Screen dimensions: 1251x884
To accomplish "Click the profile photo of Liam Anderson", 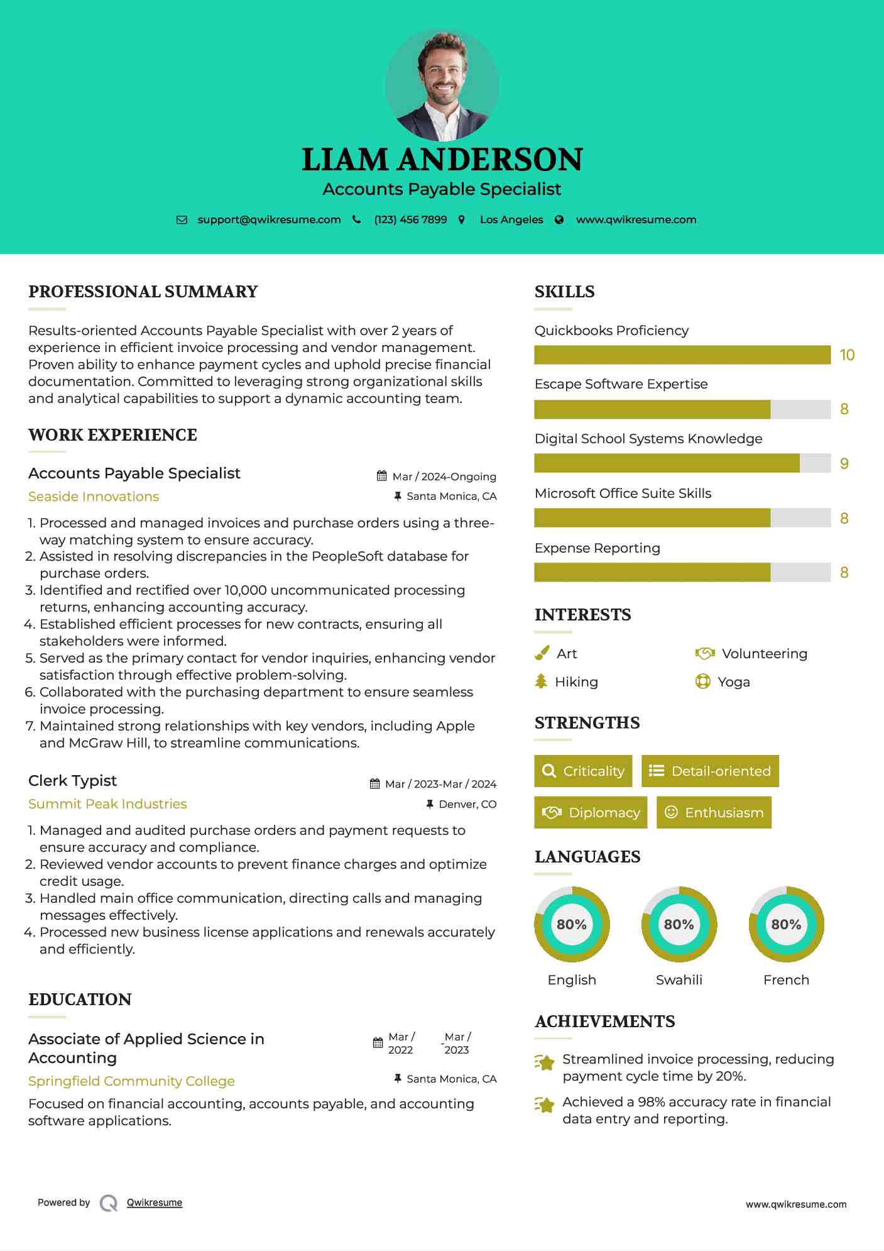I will click(442, 85).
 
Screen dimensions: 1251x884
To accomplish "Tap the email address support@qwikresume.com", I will click(269, 220).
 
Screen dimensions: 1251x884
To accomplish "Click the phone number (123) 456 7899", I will click(410, 220).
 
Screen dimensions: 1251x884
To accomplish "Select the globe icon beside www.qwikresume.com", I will click(559, 220).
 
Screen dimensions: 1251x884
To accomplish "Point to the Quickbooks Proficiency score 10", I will click(847, 355).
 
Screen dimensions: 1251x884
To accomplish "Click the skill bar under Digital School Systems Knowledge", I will click(682, 463).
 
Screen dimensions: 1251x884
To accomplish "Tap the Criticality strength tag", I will click(583, 771).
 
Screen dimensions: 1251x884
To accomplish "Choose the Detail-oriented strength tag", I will click(710, 771).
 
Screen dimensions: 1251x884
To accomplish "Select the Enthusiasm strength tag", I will click(714, 813).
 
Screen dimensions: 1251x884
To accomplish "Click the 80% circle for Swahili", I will click(679, 925).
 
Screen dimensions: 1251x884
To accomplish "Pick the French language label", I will click(786, 980).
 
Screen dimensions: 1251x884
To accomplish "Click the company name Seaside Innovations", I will click(94, 497).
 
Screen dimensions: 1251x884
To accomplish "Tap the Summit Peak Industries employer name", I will click(107, 804).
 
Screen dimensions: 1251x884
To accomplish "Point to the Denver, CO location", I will click(467, 805).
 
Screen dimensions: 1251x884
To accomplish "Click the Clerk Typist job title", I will click(73, 781).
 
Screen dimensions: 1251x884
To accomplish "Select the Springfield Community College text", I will click(131, 1081).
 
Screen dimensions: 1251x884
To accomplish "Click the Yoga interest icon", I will click(702, 681).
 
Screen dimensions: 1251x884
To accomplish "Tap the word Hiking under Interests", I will click(576, 682).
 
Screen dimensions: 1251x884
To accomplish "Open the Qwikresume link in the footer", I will click(155, 1203).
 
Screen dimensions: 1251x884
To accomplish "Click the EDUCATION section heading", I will click(80, 1000).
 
